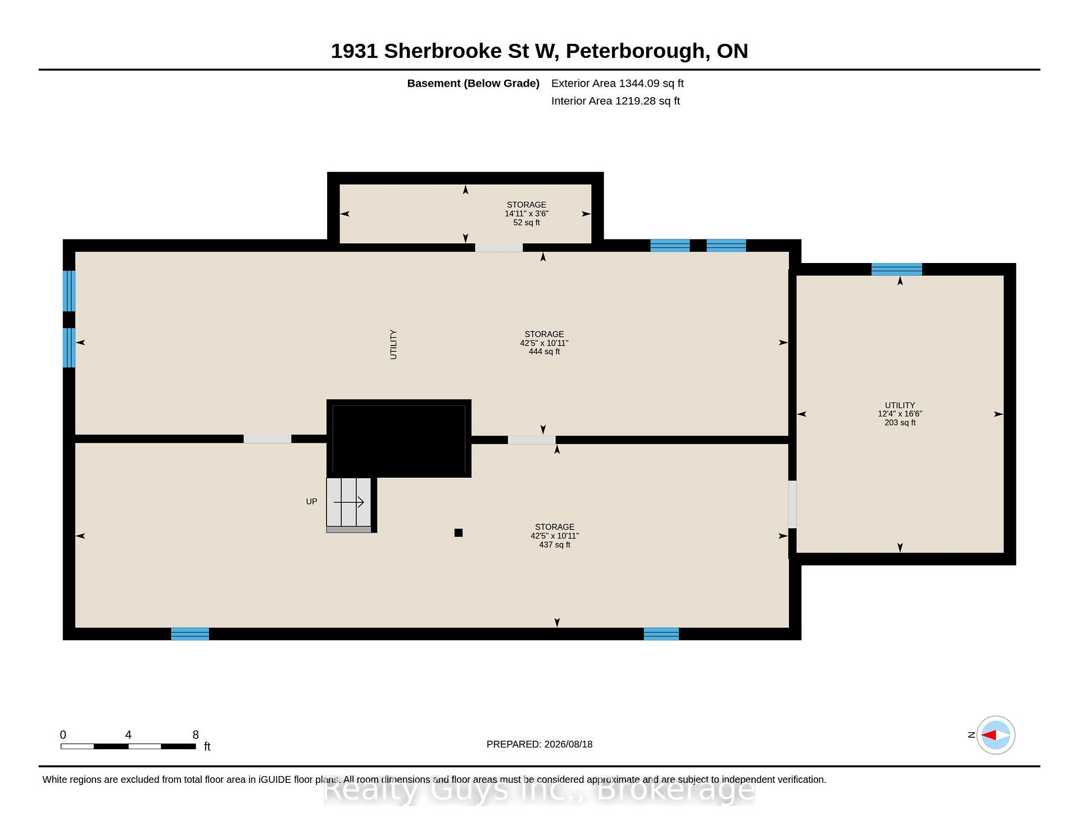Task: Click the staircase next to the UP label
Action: point(349,505)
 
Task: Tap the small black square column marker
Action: point(459,533)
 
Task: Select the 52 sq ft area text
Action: point(527,223)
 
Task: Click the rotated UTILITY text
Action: point(393,345)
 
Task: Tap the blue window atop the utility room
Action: point(896,269)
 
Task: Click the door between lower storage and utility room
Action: point(792,504)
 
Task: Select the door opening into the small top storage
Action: point(499,247)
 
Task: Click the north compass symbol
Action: point(996,735)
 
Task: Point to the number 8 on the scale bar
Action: point(196,735)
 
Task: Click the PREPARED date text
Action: point(539,744)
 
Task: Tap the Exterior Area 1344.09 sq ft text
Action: point(618,83)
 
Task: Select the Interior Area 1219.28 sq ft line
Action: point(615,101)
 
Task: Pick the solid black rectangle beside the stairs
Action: point(399,438)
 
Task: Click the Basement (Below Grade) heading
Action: point(473,83)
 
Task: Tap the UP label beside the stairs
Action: point(311,501)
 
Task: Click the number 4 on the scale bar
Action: point(128,735)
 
